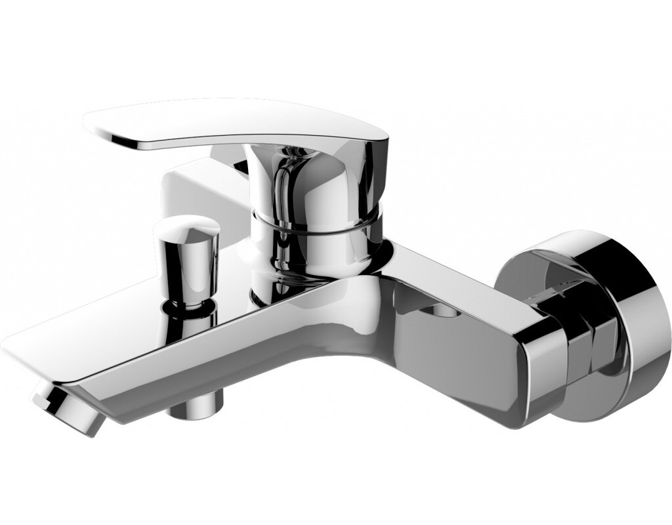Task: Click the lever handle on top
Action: point(236,125)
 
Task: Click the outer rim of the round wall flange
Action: point(630,328)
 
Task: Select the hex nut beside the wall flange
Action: point(591,341)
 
